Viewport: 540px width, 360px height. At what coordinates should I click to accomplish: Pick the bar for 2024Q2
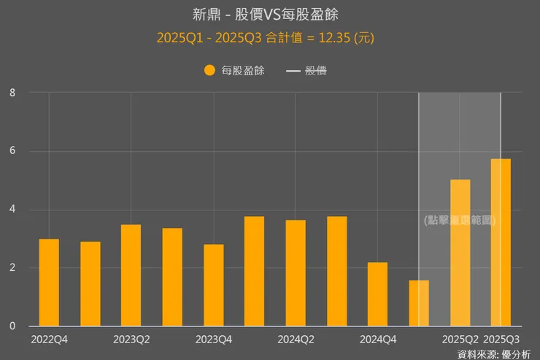[296, 273]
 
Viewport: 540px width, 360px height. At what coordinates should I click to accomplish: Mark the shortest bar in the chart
[419, 303]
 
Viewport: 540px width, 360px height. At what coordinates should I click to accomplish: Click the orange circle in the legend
[209, 71]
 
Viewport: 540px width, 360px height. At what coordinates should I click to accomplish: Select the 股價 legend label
[316, 71]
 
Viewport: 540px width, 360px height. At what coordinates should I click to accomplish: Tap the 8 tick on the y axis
[12, 93]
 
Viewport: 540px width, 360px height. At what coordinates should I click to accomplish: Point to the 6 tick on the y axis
[12, 151]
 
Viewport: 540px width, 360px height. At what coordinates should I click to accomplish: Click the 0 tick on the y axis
[12, 326]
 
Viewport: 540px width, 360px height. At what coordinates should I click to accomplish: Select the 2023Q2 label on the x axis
[131, 339]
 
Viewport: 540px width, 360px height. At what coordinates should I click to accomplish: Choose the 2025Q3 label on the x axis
[502, 339]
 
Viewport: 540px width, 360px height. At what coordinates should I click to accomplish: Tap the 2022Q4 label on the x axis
[49, 339]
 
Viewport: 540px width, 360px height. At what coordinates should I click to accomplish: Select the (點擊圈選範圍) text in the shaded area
[460, 220]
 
